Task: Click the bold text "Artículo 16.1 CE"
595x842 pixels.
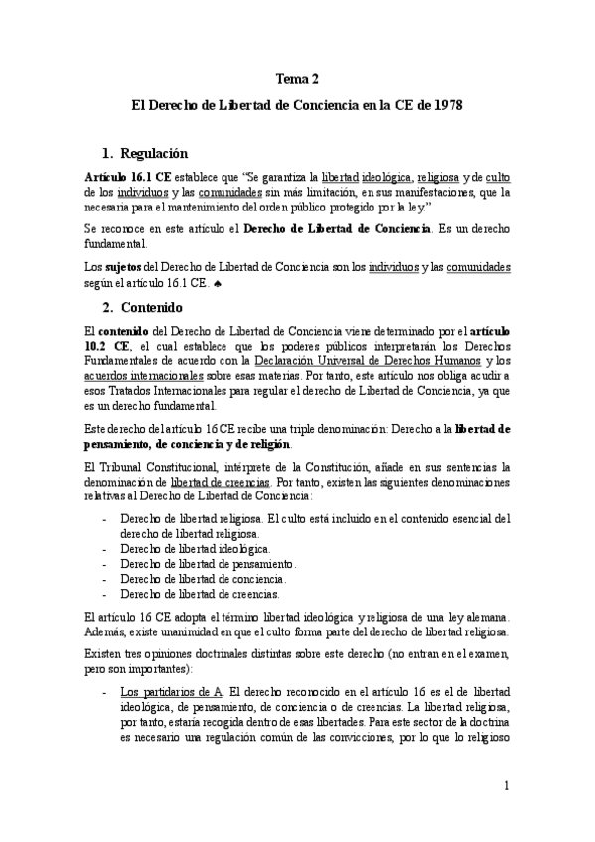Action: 126,175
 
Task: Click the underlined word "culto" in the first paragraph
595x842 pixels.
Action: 498,175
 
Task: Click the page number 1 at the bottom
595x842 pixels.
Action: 506,787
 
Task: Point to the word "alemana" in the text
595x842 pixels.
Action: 488,617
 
